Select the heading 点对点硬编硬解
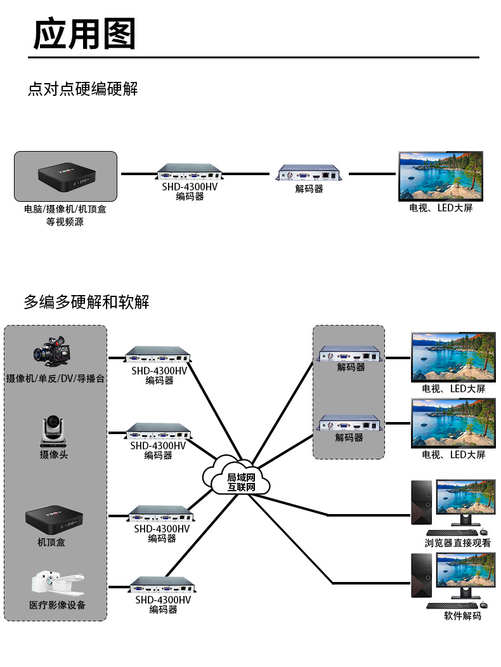pyautogui.click(x=83, y=89)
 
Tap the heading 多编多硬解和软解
pyautogui.click(x=87, y=301)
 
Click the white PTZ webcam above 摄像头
pyautogui.click(x=53, y=432)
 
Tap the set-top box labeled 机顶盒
pyautogui.click(x=54, y=520)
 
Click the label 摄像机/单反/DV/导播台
pyautogui.click(x=55, y=378)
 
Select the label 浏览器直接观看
pyautogui.click(x=458, y=543)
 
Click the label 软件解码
pyautogui.click(x=462, y=616)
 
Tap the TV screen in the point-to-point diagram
pyautogui.click(x=441, y=176)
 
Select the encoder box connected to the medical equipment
pyautogui.click(x=163, y=585)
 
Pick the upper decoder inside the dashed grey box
pyautogui.click(x=349, y=354)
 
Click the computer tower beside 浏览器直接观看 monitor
pyautogui.click(x=421, y=503)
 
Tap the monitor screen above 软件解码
pyautogui.click(x=465, y=570)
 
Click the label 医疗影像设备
pyautogui.click(x=57, y=605)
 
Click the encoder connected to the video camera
pyautogui.click(x=158, y=355)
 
